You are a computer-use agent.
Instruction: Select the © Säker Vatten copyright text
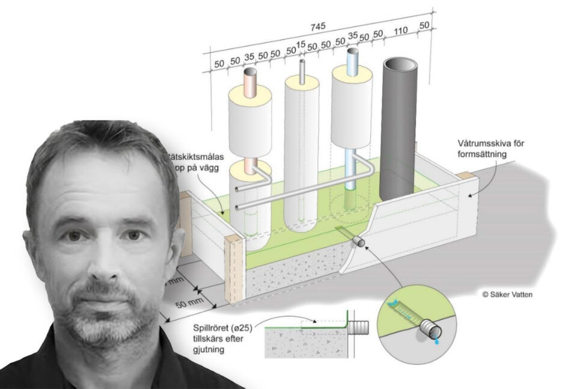(x=506, y=295)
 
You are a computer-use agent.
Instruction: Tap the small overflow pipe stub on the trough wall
(x=359, y=242)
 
